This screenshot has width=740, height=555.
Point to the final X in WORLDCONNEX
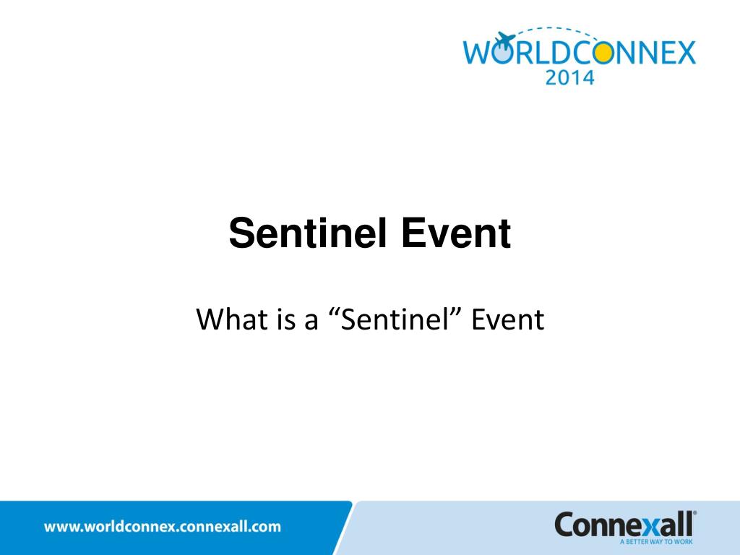[x=682, y=53]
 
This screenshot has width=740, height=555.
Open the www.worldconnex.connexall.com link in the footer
[x=163, y=527]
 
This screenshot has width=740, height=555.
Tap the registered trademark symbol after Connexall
[x=695, y=513]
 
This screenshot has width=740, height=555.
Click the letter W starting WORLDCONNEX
[x=478, y=53]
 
